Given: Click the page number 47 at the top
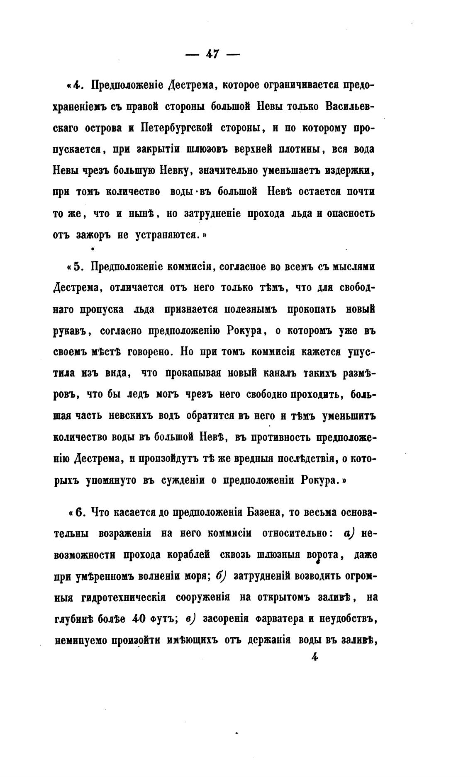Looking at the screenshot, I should (212, 54).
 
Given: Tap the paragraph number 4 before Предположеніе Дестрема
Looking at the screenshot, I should (76, 85).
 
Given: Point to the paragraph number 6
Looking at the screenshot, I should (81, 512).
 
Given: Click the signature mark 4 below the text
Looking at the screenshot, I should (313, 657).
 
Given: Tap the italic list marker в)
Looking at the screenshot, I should (190, 619).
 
